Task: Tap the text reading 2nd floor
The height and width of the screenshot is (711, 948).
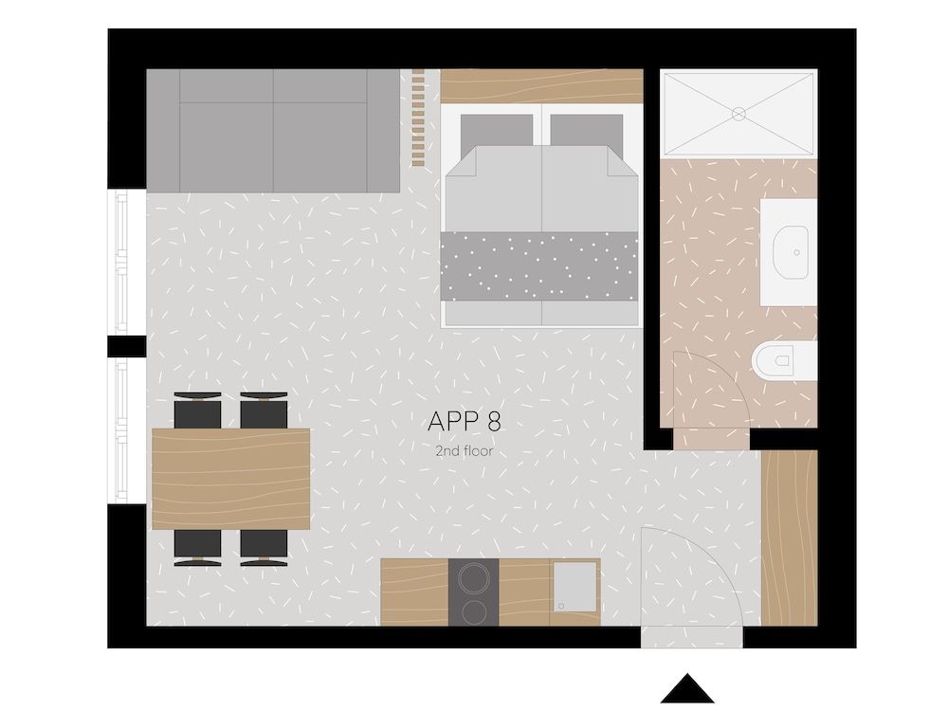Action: (x=464, y=451)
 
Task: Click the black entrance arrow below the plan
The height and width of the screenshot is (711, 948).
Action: (x=686, y=689)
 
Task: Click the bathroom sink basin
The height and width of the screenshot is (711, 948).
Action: (x=790, y=252)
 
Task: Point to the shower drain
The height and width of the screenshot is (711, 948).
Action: (x=738, y=114)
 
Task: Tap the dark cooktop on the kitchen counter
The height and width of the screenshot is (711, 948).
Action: (x=473, y=592)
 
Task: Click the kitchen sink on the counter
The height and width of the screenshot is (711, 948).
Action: (x=575, y=585)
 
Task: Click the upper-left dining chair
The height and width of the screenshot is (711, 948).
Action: (x=198, y=410)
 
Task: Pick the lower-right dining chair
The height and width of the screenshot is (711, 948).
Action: (x=264, y=548)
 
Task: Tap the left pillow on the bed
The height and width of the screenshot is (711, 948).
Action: (x=497, y=129)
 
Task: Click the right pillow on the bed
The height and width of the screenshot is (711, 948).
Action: (x=586, y=129)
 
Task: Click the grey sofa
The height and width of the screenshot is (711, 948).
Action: (x=273, y=130)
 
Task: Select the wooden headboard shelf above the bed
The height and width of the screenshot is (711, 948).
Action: (x=541, y=86)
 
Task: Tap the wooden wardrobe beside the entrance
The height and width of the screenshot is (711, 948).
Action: (x=789, y=538)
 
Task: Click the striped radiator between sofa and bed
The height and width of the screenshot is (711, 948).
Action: (x=418, y=118)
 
